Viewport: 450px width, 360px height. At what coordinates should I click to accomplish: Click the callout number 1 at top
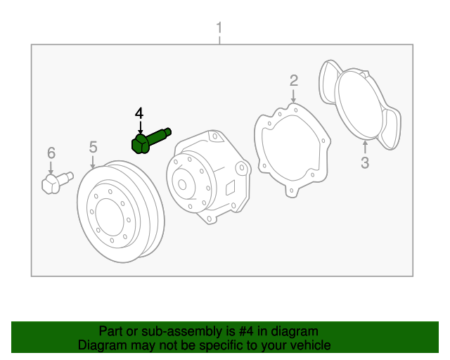(219, 29)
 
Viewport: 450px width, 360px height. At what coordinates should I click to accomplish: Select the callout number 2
(294, 80)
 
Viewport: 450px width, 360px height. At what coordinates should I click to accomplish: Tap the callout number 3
(364, 164)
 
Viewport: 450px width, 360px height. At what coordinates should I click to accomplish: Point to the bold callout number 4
(139, 113)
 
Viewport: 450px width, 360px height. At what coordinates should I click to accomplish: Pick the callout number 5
(93, 147)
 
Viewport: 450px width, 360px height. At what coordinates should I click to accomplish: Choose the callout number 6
(51, 153)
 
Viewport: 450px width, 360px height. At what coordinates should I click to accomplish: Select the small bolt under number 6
(56, 184)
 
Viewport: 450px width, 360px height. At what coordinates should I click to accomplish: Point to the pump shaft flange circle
(184, 184)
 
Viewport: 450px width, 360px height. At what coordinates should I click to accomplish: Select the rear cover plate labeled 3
(359, 105)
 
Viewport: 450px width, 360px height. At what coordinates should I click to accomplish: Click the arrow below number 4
(140, 128)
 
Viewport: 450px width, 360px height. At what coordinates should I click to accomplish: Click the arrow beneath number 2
(294, 96)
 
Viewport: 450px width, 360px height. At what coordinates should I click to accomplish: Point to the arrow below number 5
(93, 162)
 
